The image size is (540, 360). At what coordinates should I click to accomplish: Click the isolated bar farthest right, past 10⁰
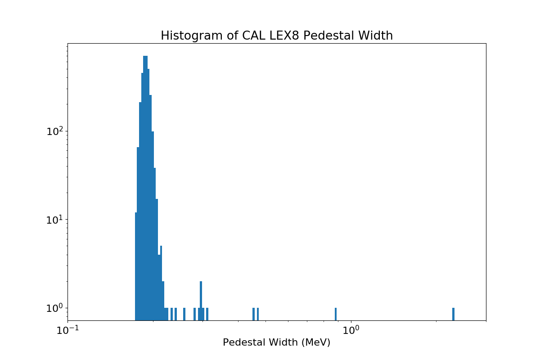453,314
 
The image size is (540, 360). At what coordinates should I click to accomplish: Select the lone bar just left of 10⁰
336,314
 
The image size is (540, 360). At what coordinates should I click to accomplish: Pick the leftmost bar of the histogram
136,265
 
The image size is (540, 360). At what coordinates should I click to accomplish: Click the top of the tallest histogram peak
145,57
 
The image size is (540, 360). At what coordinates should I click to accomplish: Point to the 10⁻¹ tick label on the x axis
67,330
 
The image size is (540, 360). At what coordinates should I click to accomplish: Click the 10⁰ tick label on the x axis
351,330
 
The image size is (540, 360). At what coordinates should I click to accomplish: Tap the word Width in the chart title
377,36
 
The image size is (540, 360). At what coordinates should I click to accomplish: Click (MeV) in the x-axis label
316,342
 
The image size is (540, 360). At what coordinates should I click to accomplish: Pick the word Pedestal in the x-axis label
244,342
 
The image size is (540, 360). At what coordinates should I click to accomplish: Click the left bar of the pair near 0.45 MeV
253,314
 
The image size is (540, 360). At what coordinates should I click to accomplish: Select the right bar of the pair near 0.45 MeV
258,314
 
